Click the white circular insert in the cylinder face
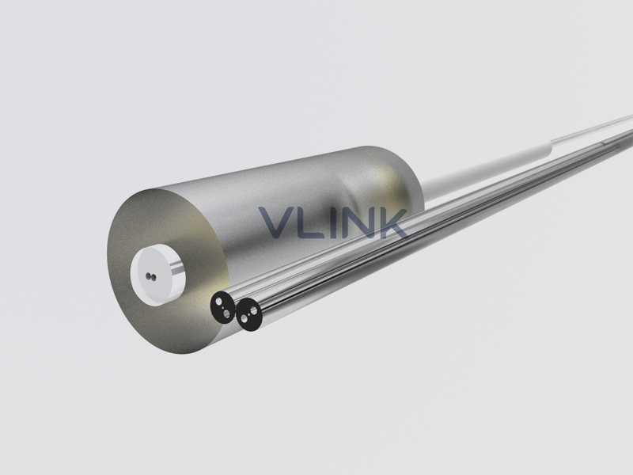157,275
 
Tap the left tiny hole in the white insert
148,276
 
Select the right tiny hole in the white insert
154,277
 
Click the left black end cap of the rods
223,307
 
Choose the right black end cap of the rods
249,315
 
